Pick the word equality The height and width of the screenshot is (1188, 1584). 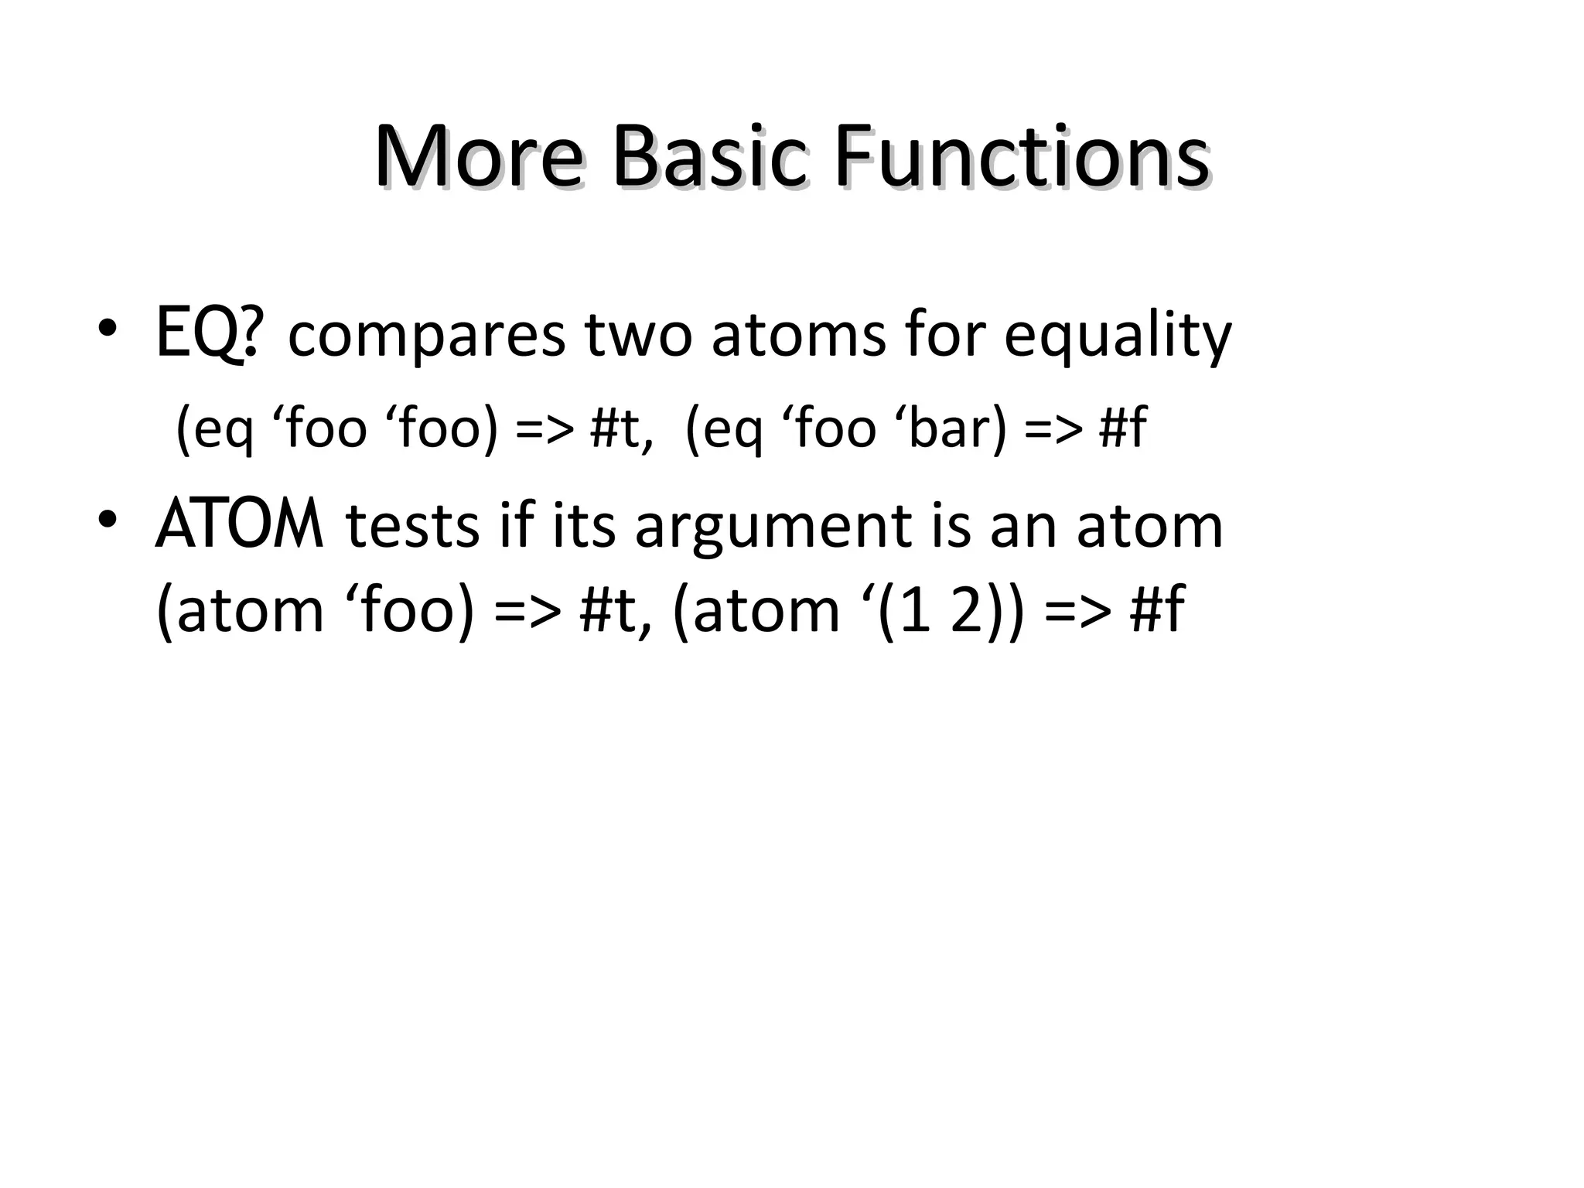click(x=1117, y=337)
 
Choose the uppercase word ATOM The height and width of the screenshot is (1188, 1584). click(x=239, y=525)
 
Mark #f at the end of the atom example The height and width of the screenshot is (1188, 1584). click(x=1156, y=610)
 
